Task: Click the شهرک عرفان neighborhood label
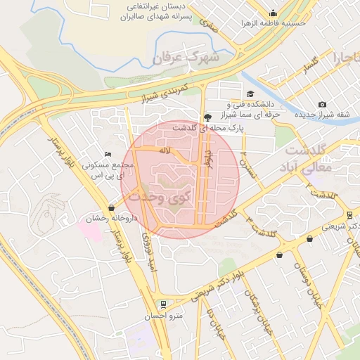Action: [186, 56]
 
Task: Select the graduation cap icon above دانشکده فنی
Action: [250, 94]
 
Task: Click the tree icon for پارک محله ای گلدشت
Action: [207, 117]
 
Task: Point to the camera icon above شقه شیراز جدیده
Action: [322, 104]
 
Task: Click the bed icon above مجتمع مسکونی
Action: [108, 154]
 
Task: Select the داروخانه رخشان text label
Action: [100, 219]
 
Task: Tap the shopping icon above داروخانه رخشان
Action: [111, 207]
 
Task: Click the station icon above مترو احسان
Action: [163, 304]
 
